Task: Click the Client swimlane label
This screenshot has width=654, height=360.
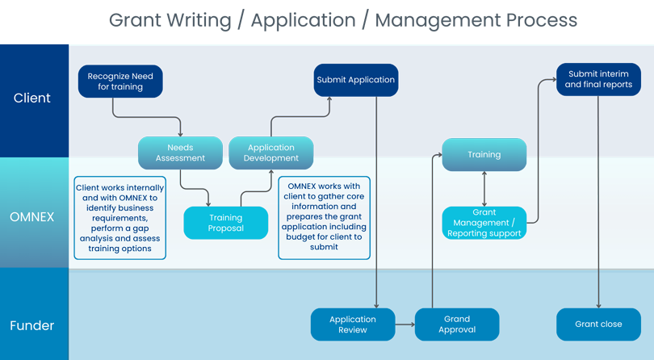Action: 32,98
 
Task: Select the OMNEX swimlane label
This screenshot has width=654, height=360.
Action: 32,217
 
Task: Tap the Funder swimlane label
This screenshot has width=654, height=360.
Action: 32,326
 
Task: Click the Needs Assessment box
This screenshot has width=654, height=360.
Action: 180,153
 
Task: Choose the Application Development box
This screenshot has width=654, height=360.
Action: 271,153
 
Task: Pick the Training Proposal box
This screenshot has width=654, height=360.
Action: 225,223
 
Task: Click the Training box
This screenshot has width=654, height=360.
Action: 484,154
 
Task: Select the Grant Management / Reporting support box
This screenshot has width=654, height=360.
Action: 484,223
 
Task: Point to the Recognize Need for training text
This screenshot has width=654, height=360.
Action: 120,82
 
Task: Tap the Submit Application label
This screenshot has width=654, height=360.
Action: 355,80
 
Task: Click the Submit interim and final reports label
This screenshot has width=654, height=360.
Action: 598,79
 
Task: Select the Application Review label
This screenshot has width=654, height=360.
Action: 353,324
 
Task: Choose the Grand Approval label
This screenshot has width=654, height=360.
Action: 456,324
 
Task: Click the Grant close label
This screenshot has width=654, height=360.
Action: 598,324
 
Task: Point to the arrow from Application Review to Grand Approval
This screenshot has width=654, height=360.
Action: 405,324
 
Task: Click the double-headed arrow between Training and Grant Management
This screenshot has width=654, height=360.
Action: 484,189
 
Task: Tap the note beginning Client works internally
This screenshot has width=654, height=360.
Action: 119,218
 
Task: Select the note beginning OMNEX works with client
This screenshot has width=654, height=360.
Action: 323,218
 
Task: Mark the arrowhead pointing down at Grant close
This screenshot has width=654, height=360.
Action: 598,305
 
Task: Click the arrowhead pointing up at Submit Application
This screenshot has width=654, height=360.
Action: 329,100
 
